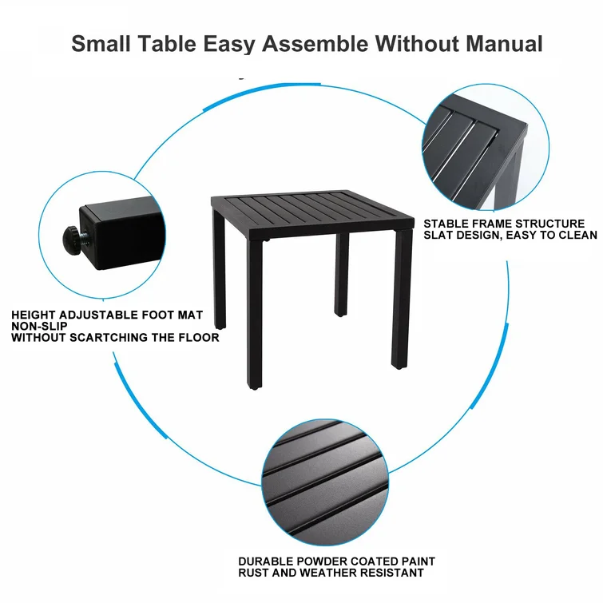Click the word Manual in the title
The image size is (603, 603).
click(x=504, y=43)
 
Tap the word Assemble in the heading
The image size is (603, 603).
click(x=315, y=43)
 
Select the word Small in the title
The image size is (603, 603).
click(x=101, y=43)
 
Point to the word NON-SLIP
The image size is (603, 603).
click(x=39, y=326)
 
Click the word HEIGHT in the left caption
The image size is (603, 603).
click(x=33, y=315)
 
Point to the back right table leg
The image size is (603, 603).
click(x=342, y=274)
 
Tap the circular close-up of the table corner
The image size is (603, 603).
click(x=486, y=147)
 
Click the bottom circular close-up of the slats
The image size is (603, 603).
click(x=325, y=482)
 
